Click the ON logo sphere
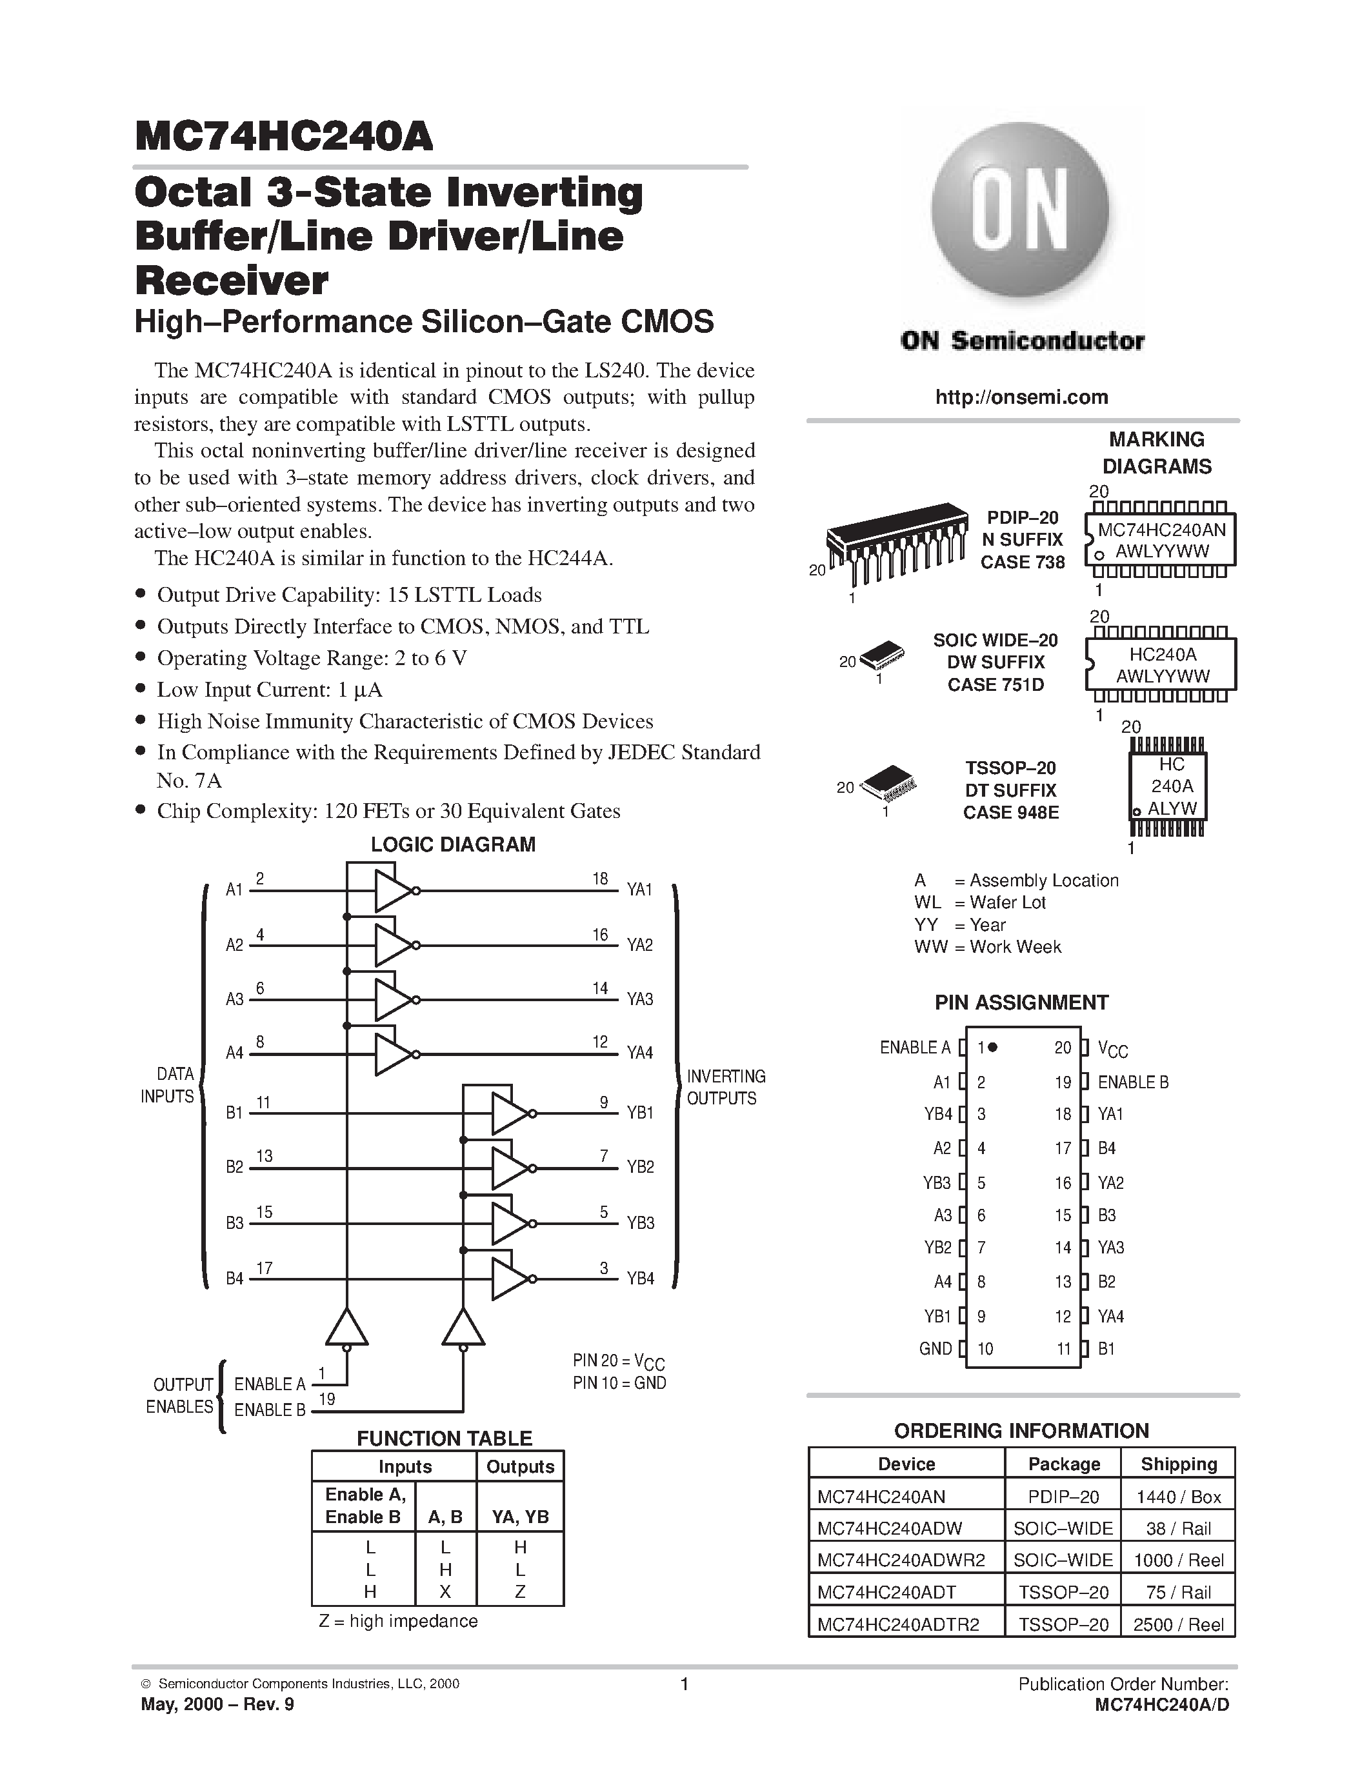[1021, 210]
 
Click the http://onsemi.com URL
[1021, 397]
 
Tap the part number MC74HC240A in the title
[285, 137]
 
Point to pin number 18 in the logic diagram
[600, 879]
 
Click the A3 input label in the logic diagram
[234, 999]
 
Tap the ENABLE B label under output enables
[270, 1411]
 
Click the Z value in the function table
[520, 1592]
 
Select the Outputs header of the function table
[520, 1467]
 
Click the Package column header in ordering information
[1063, 1464]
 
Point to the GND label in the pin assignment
[935, 1348]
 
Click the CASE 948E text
[1010, 812]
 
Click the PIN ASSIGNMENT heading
[1021, 1002]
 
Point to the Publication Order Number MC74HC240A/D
[1161, 1705]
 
